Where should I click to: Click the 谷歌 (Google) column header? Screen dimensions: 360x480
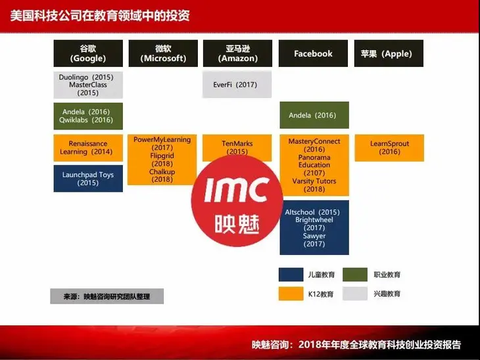coord(88,53)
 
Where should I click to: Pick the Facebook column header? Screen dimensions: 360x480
coord(314,53)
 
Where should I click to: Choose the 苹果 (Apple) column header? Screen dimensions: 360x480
coord(389,53)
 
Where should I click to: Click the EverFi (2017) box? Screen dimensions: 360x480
coord(235,85)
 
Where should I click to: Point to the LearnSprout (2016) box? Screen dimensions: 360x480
coord(389,148)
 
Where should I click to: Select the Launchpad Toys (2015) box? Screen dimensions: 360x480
coord(88,179)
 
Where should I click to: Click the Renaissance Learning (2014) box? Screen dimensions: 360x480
coord(88,148)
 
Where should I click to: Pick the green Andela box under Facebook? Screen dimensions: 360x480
coord(314,115)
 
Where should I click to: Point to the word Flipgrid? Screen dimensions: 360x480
coord(162,156)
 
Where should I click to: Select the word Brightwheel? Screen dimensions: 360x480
coord(314,220)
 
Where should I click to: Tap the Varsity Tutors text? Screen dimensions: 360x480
coord(314,181)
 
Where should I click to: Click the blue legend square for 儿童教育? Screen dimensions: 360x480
coord(291,275)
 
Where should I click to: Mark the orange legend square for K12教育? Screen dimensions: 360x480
coord(291,294)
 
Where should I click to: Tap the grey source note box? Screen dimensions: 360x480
coord(107,296)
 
